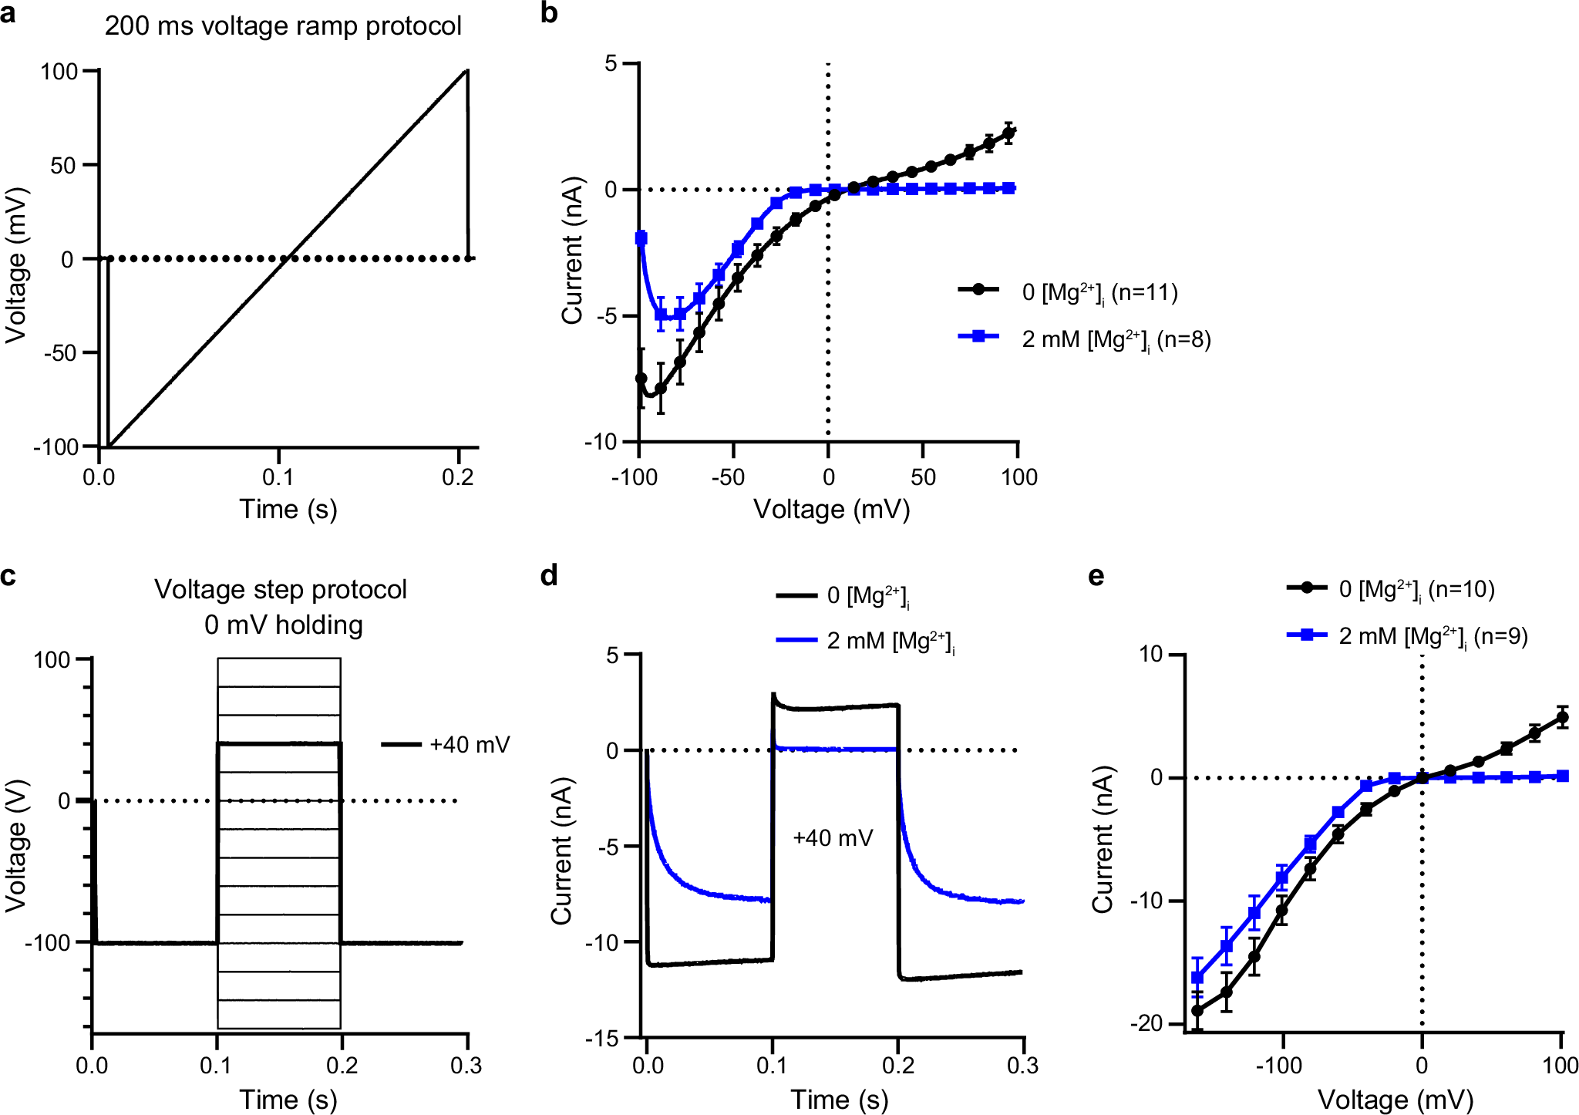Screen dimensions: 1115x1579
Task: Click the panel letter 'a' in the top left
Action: (x=8, y=14)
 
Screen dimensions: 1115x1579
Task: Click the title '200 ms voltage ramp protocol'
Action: (x=283, y=26)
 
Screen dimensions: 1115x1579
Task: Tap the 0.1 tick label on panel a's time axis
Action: (x=278, y=477)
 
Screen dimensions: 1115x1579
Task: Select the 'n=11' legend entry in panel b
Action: (x=1099, y=292)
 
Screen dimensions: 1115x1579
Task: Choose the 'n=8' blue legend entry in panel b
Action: (x=1116, y=339)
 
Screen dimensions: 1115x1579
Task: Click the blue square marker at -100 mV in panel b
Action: (x=641, y=238)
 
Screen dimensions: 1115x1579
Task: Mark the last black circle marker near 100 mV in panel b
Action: (x=1008, y=133)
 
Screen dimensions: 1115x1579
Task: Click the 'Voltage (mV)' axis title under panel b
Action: (x=831, y=510)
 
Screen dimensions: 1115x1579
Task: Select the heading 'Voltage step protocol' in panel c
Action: (x=281, y=589)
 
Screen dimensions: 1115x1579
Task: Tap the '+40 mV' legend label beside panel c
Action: (x=470, y=745)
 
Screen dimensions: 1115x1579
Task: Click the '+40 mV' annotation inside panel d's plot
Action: (x=833, y=838)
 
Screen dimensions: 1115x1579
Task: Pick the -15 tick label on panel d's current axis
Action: (x=601, y=1039)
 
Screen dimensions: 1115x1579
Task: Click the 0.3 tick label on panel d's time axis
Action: (x=1022, y=1066)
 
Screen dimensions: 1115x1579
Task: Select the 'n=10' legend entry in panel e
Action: (x=1416, y=590)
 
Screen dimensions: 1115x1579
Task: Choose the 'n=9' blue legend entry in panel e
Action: (x=1433, y=637)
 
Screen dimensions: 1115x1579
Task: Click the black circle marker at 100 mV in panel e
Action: (x=1562, y=718)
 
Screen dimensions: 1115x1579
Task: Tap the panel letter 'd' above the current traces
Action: (x=549, y=576)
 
